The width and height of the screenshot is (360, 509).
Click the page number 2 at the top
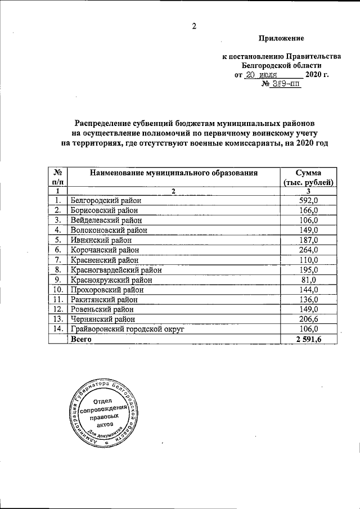(x=195, y=25)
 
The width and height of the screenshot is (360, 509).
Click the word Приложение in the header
(x=281, y=39)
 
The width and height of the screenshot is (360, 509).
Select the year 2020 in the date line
(x=315, y=75)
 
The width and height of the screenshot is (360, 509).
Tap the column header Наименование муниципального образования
(x=174, y=173)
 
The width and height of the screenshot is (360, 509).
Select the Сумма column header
(x=308, y=173)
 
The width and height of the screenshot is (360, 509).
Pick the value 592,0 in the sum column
(x=308, y=200)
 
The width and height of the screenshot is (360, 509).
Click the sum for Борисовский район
(x=308, y=210)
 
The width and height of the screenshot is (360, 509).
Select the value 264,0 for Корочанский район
(x=308, y=250)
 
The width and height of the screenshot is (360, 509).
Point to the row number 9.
(x=57, y=280)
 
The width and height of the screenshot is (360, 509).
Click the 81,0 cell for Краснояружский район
(x=308, y=280)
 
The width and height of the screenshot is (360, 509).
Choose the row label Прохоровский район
(x=107, y=290)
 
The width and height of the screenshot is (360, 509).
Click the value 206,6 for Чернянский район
(x=308, y=319)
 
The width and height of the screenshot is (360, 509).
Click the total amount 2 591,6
(x=308, y=339)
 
